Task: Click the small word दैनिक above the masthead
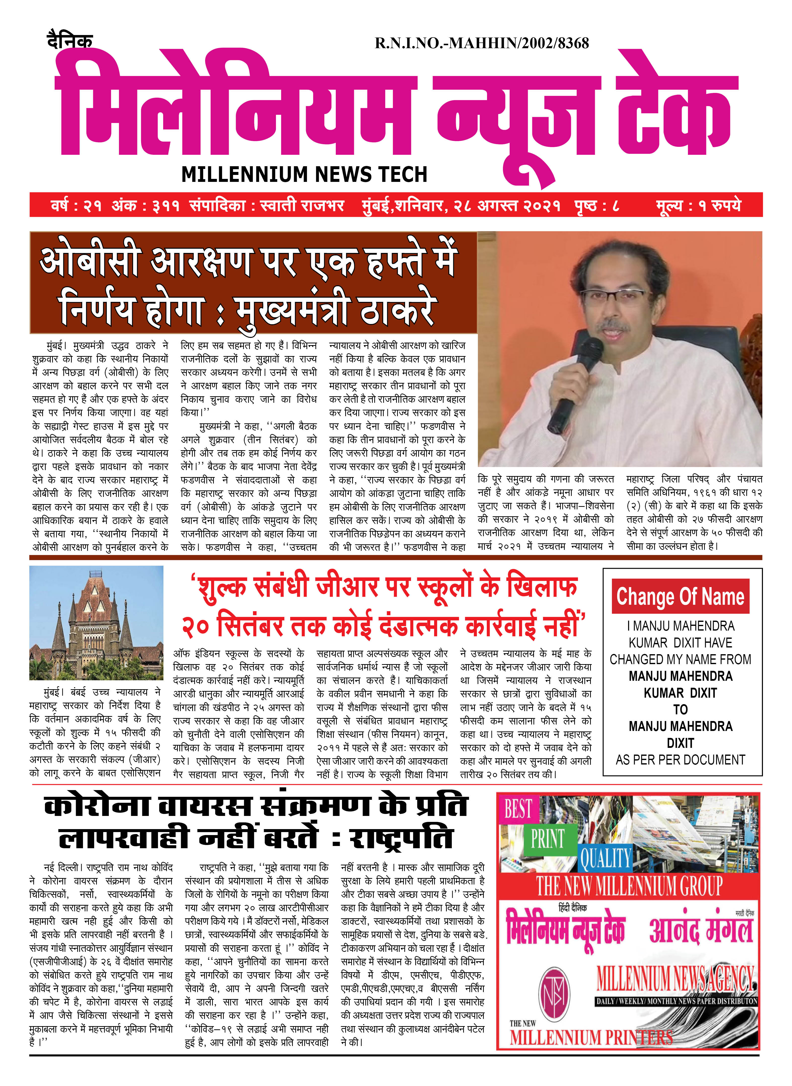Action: click(x=70, y=41)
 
